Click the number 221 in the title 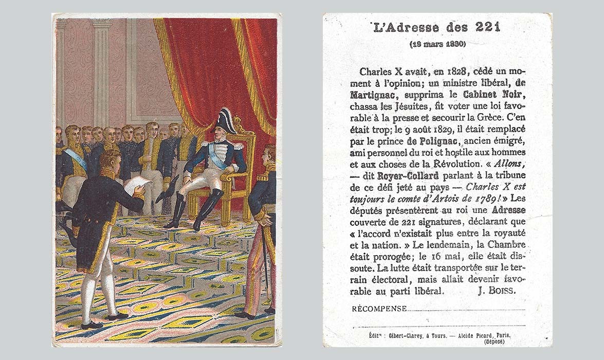487,27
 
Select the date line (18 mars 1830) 437,44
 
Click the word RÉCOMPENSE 379,309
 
